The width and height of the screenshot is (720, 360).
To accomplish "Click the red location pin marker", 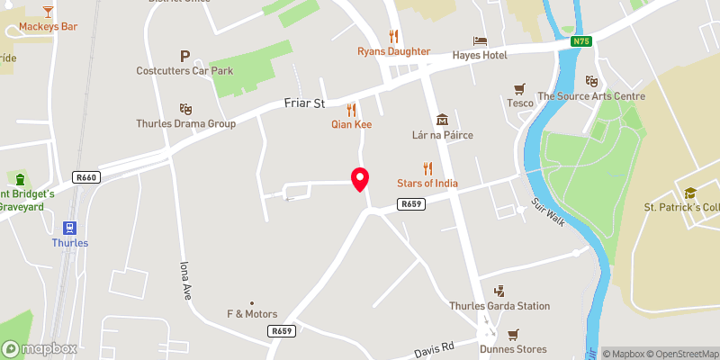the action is click(360, 180).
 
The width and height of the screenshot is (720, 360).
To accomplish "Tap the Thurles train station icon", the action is click(69, 228).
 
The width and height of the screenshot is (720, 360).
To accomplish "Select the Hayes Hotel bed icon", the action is click(480, 40).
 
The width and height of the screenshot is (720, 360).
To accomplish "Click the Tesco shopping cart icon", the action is click(518, 88).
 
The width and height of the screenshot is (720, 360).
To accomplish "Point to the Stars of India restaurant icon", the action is click(427, 168).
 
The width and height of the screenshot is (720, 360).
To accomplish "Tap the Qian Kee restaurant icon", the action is click(351, 109).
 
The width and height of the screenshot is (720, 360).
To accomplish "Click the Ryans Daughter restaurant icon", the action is click(393, 36).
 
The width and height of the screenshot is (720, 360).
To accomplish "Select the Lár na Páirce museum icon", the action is click(442, 120).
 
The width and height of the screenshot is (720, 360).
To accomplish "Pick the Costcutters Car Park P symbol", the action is click(185, 55).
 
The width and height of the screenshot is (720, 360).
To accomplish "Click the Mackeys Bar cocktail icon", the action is click(48, 12).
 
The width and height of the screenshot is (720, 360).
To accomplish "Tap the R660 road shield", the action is click(86, 178).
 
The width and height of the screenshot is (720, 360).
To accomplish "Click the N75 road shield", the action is click(581, 40).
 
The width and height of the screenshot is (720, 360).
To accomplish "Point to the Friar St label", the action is click(303, 103).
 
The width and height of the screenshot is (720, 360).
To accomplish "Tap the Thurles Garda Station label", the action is click(499, 306).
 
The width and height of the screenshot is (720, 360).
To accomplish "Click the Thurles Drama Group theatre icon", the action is click(185, 108).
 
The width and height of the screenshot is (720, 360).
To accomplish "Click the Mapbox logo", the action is click(40, 348).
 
